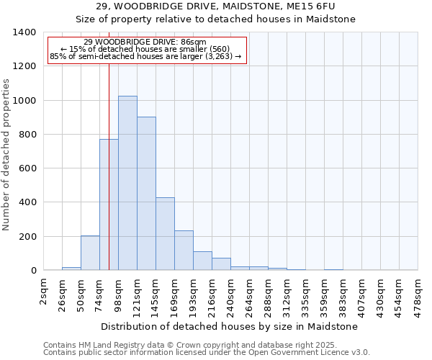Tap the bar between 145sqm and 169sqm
(165, 233)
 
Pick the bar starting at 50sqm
(90, 253)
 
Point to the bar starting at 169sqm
(184, 250)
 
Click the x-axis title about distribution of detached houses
(230, 326)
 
